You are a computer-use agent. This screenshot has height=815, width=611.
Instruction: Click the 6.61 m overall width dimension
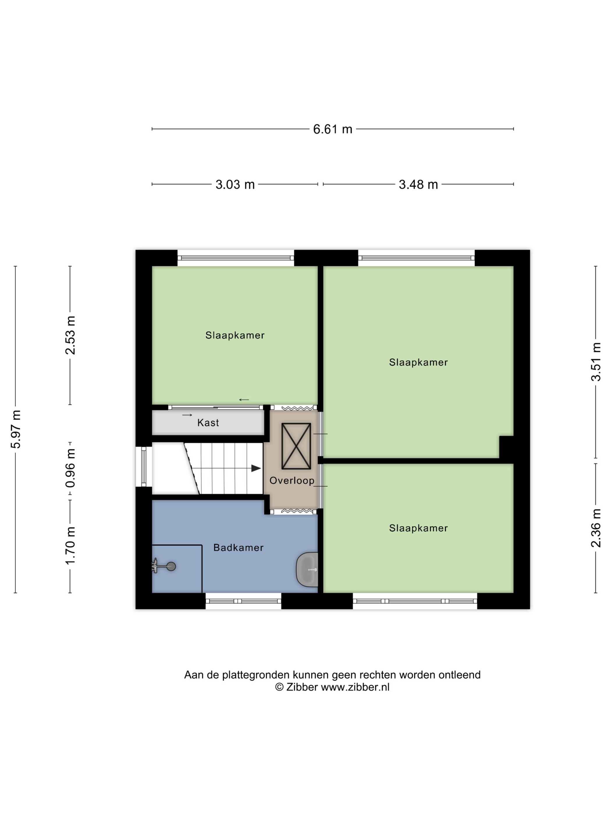tap(333, 129)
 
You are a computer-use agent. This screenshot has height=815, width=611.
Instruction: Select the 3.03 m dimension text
tap(235, 184)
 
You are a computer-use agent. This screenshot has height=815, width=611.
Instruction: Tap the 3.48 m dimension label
tap(418, 184)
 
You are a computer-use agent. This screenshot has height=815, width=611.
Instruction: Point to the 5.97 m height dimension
tap(15, 429)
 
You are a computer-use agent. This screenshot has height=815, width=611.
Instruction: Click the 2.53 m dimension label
tap(70, 335)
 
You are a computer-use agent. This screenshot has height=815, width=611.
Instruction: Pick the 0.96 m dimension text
tap(70, 468)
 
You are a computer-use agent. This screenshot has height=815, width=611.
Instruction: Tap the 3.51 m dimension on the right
tap(596, 362)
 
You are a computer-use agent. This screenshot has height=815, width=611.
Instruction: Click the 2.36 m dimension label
tap(596, 528)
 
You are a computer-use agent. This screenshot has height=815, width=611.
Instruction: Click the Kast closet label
tap(208, 423)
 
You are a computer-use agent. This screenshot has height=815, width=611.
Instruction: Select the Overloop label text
tap(292, 481)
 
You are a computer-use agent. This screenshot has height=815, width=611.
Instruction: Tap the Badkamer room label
tap(238, 548)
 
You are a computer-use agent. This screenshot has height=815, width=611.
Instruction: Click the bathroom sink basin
tap(308, 570)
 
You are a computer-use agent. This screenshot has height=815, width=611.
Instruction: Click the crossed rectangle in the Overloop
tap(296, 446)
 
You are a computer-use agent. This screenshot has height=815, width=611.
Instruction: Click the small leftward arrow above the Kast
tap(244, 400)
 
